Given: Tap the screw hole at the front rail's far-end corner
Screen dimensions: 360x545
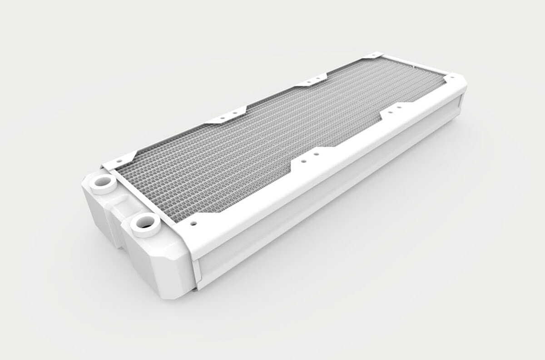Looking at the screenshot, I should click(x=452, y=78).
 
